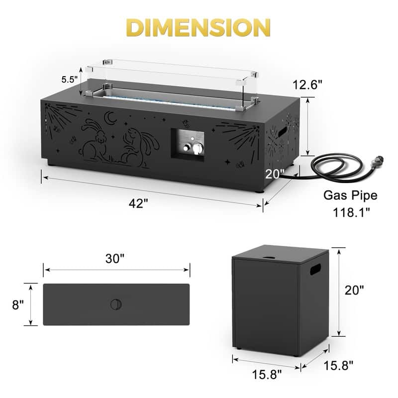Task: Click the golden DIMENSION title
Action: click(198, 27)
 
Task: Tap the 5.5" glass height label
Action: click(69, 80)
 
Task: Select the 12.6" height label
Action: click(307, 85)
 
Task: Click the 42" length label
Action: click(138, 203)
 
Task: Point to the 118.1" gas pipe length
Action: click(351, 212)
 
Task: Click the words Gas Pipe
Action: click(350, 196)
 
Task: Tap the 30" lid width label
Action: click(115, 259)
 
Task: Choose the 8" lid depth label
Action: click(18, 304)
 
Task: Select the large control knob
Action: click(198, 148)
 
